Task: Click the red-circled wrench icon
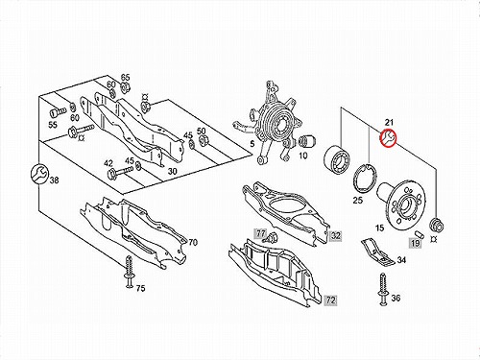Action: tap(389, 137)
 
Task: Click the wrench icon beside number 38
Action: tap(39, 174)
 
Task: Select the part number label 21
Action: tap(389, 122)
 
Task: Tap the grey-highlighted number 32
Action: tap(335, 236)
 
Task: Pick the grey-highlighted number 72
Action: tap(331, 300)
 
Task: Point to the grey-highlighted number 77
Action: tap(261, 233)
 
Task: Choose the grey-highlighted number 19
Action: tap(415, 244)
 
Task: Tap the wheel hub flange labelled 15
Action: tap(400, 202)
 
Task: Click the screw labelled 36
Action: tap(382, 289)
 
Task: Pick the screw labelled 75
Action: tap(129, 272)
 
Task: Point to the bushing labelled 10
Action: tap(308, 141)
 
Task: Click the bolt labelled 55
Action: tap(57, 112)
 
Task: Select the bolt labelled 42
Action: tap(120, 172)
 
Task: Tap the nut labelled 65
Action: tap(125, 86)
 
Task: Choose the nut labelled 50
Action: tap(203, 140)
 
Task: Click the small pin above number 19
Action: tap(420, 234)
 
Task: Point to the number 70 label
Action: tap(193, 243)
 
